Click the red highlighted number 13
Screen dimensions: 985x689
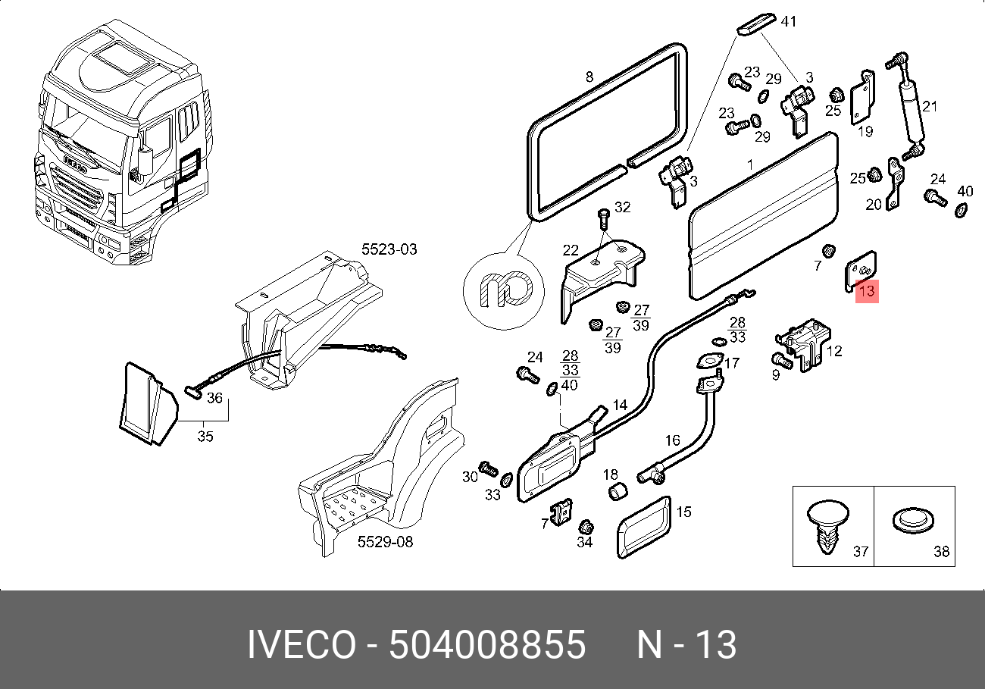click(867, 290)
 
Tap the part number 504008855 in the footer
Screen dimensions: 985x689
click(487, 646)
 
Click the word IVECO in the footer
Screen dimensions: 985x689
click(301, 646)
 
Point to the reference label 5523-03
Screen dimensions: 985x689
click(389, 249)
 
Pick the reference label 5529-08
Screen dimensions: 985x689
click(385, 543)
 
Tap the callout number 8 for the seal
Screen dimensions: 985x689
click(589, 77)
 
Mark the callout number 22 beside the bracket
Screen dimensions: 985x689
click(571, 250)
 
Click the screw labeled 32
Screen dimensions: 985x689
click(604, 218)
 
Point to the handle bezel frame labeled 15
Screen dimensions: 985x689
click(643, 527)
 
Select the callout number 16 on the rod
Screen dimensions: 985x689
click(673, 440)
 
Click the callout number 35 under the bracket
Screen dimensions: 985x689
click(205, 437)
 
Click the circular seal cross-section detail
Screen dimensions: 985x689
click(503, 288)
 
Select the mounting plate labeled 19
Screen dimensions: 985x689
click(861, 96)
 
